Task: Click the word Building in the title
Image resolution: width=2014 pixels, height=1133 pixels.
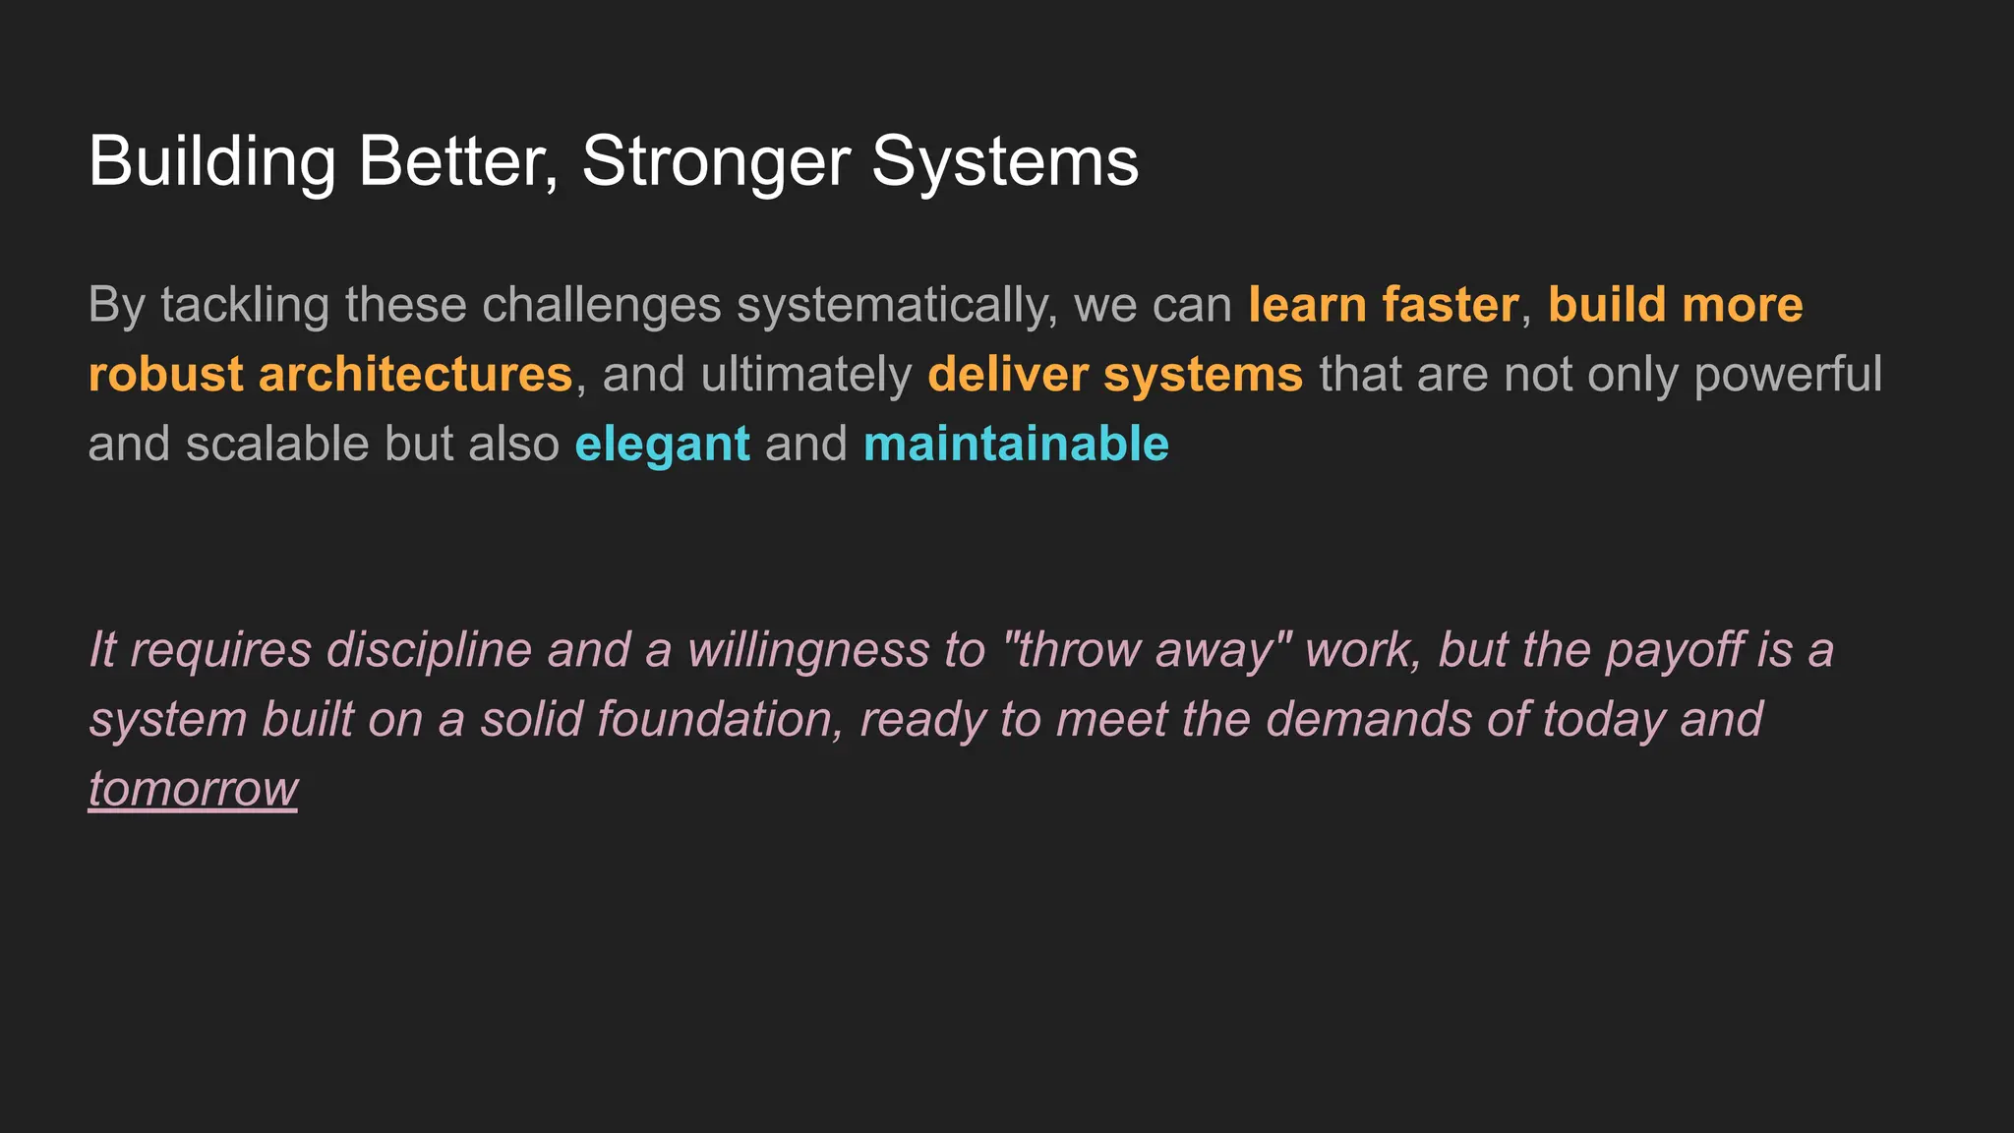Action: tap(212, 161)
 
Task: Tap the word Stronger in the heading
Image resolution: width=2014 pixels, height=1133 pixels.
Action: tap(716, 161)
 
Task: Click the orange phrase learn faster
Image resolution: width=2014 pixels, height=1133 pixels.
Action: tap(1384, 305)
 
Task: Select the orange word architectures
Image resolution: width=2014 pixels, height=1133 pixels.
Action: tap(415, 375)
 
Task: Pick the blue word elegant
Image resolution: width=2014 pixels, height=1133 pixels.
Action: tap(662, 445)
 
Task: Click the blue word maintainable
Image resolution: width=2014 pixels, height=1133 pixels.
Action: tap(1016, 445)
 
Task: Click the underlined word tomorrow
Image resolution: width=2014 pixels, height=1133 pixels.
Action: tap(193, 789)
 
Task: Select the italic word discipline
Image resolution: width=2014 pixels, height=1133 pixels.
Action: tap(429, 650)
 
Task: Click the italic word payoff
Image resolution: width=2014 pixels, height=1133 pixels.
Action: tap(1675, 650)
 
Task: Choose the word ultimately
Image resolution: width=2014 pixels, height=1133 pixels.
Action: tap(806, 375)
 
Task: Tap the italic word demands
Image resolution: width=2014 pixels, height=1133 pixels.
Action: tap(1368, 720)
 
